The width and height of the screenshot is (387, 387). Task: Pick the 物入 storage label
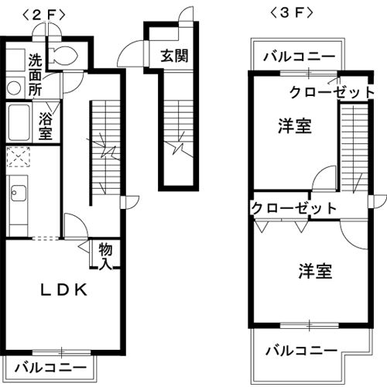(x=107, y=257)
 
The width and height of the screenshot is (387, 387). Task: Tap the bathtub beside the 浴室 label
(x=19, y=122)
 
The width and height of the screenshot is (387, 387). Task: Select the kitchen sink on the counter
(x=17, y=193)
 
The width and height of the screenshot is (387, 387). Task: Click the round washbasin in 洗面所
(x=13, y=88)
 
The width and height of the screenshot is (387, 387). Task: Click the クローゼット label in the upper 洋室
(x=331, y=92)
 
